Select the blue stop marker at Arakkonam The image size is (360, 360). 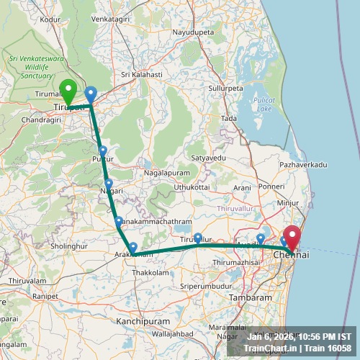point(133,248)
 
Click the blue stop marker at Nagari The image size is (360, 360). point(109,184)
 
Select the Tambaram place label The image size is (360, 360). point(250,297)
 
